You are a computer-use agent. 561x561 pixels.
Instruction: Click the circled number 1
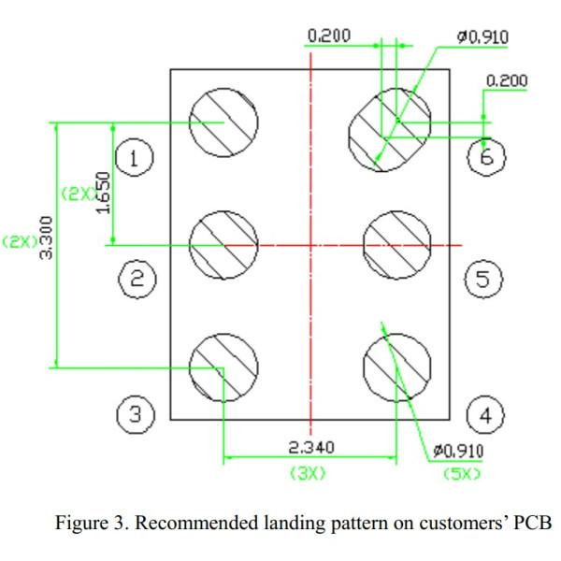(135, 159)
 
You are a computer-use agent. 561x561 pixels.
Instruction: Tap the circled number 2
(137, 278)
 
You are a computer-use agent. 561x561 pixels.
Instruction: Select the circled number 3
(136, 413)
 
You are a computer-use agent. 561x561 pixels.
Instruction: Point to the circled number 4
(484, 413)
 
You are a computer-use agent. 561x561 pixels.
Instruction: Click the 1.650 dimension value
(105, 192)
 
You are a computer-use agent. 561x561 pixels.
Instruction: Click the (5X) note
(461, 473)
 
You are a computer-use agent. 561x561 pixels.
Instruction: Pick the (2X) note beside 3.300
(19, 241)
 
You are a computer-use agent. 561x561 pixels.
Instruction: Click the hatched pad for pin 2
(224, 245)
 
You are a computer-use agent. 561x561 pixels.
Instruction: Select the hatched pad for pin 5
(396, 245)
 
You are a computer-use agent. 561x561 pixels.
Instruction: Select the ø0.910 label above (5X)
(459, 453)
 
